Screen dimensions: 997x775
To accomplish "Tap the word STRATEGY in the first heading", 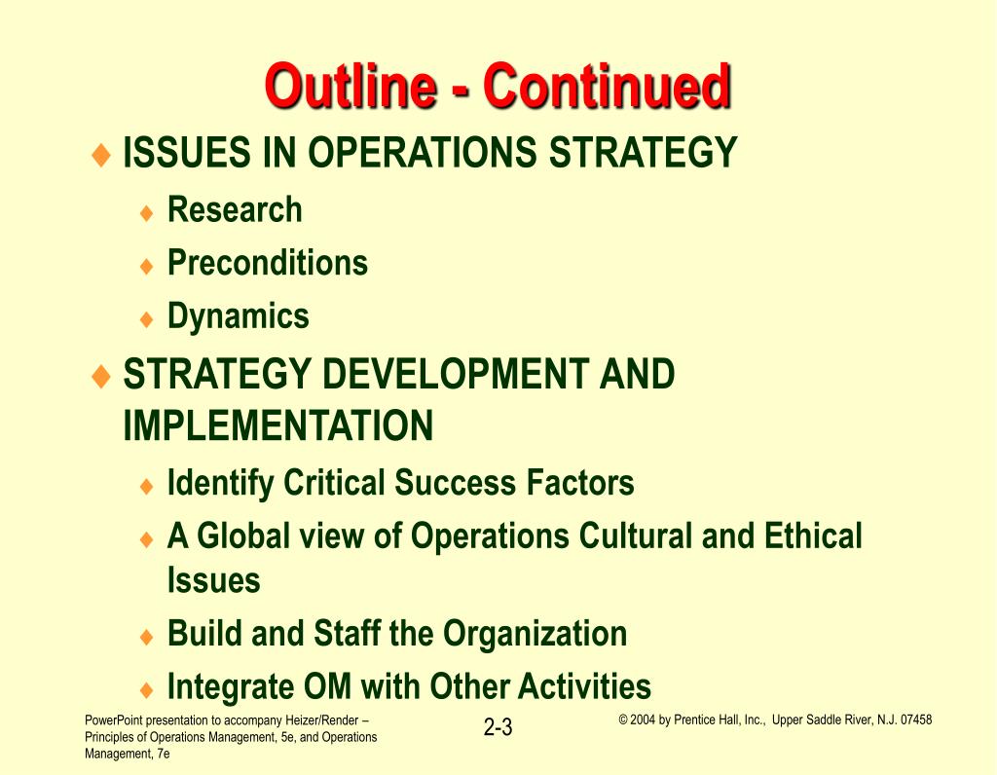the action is (643, 153).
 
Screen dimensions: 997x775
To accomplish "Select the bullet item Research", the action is (235, 209).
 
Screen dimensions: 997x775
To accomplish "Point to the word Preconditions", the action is (268, 263).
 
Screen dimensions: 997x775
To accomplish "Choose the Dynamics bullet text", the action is (239, 316).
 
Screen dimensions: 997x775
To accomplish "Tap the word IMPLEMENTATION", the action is (278, 425).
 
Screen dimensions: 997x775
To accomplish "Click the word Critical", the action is (334, 483).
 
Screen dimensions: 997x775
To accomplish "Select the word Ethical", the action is (813, 535).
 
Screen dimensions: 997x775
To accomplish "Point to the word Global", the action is (243, 535).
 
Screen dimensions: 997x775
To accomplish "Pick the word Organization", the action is (535, 634).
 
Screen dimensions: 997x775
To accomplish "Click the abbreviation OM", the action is (327, 686).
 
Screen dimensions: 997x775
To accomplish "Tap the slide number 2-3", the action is (498, 726).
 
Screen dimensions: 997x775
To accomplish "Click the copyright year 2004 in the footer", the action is (643, 720).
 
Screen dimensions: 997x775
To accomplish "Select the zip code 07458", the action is (916, 720).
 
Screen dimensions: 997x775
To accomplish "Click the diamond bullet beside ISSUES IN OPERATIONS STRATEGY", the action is (101, 155).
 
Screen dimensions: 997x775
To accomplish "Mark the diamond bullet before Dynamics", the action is (147, 318).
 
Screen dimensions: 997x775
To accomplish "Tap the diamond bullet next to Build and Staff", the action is (147, 637).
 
